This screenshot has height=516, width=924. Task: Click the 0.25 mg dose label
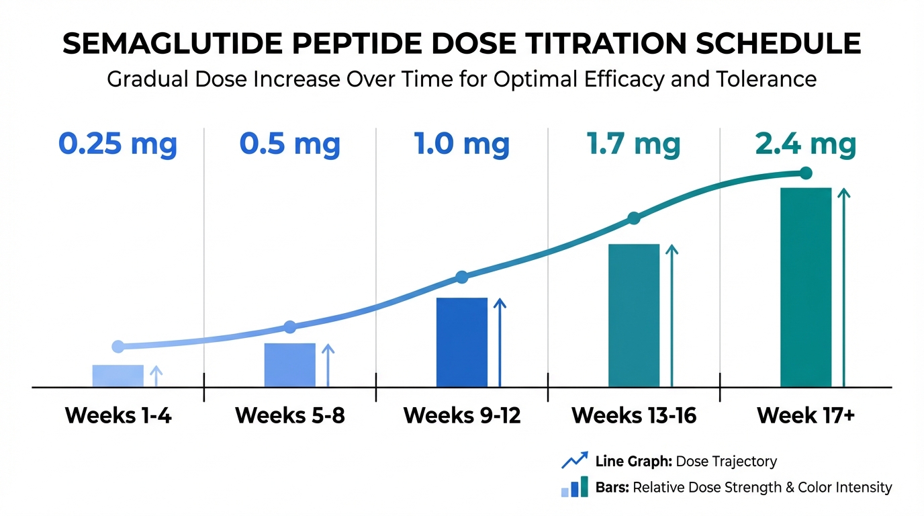(118, 144)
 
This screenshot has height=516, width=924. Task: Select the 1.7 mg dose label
(633, 144)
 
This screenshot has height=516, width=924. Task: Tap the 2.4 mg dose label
(806, 144)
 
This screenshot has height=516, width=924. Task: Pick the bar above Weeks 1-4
(118, 376)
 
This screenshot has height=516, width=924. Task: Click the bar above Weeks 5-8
(289, 365)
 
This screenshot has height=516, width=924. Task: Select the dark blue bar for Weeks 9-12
(462, 343)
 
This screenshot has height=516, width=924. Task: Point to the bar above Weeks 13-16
(634, 316)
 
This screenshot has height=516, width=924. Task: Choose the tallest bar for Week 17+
(806, 288)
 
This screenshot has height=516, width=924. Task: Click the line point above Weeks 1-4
(118, 347)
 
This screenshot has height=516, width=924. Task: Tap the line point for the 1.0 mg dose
(462, 277)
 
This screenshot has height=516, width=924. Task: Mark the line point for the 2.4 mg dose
(806, 173)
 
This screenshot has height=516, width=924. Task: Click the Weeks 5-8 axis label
(289, 416)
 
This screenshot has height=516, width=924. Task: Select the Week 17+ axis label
(806, 416)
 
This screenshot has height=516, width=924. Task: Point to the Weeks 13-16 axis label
(634, 416)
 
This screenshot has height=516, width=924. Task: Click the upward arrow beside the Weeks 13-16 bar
(672, 316)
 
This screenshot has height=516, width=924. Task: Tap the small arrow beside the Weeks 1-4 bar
(156, 376)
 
